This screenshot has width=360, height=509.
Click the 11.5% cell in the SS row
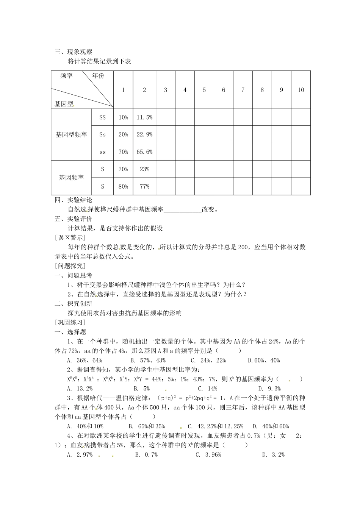click(144, 118)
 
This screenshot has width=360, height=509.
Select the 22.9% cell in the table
click(144, 134)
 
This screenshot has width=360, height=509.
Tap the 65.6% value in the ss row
click(144, 152)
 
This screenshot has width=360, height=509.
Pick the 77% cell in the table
click(144, 187)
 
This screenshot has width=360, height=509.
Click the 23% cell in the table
click(144, 169)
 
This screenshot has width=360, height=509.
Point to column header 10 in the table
click(301, 90)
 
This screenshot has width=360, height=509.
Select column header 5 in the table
click(204, 90)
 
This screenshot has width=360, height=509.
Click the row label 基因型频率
click(71, 134)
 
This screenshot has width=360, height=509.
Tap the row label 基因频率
click(71, 178)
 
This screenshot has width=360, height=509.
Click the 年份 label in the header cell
click(99, 76)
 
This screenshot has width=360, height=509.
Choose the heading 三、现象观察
click(74, 52)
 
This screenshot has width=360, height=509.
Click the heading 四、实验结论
click(74, 200)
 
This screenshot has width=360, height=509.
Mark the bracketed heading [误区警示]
click(70, 238)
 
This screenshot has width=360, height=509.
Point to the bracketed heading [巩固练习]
click(70, 323)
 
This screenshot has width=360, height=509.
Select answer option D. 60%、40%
click(264, 361)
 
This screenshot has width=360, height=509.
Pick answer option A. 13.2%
click(80, 389)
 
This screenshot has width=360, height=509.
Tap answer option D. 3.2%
click(273, 455)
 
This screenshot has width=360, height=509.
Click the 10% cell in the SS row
click(123, 118)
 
